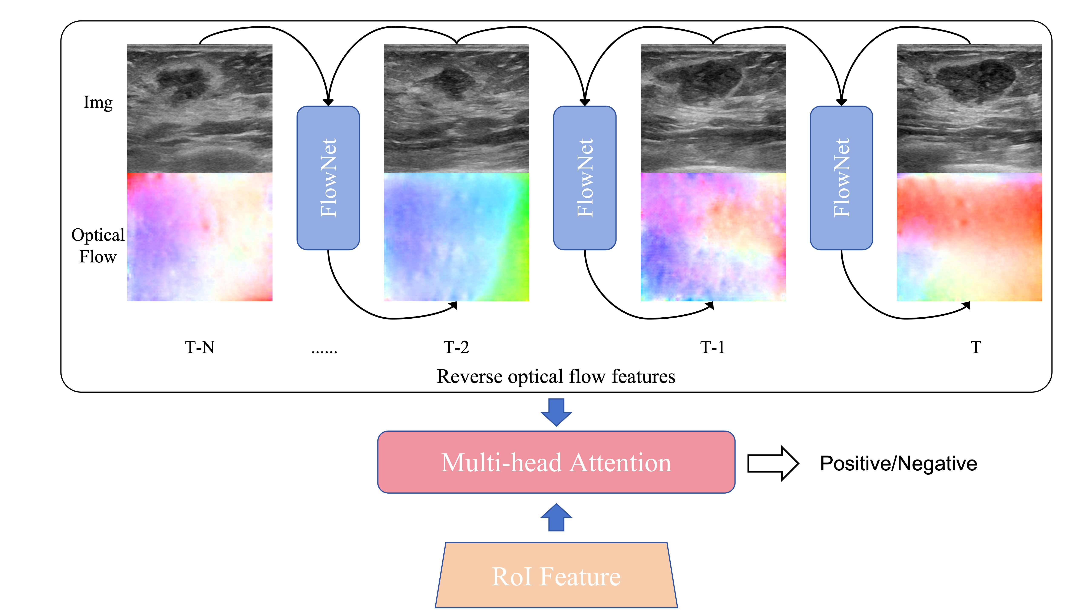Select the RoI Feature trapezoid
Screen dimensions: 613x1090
coord(556,576)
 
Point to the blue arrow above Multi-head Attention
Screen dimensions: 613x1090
coord(556,412)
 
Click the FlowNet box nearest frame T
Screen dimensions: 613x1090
coord(841,178)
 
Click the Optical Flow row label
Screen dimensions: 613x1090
coord(98,246)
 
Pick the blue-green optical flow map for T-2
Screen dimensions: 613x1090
coord(456,237)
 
